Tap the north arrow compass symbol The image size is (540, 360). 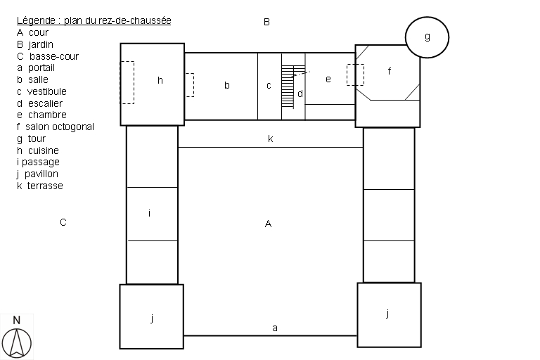[x=17, y=343]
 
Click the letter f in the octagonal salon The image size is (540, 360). [x=389, y=71]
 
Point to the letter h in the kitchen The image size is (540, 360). [x=160, y=80]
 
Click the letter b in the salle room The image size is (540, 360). [x=226, y=85]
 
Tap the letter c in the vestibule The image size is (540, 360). [x=269, y=86]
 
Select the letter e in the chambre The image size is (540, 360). [x=328, y=79]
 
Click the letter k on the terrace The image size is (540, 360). [x=270, y=139]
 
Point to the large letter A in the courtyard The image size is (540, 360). [x=269, y=224]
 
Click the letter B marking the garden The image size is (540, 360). [x=266, y=22]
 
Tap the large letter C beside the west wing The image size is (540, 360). [x=63, y=222]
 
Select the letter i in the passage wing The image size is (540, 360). [x=149, y=213]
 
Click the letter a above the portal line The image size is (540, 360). [x=275, y=328]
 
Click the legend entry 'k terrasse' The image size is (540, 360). [x=40, y=186]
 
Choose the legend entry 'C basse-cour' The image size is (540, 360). [x=48, y=56]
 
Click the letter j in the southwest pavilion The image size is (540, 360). [x=152, y=318]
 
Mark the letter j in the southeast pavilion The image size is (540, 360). [x=388, y=313]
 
